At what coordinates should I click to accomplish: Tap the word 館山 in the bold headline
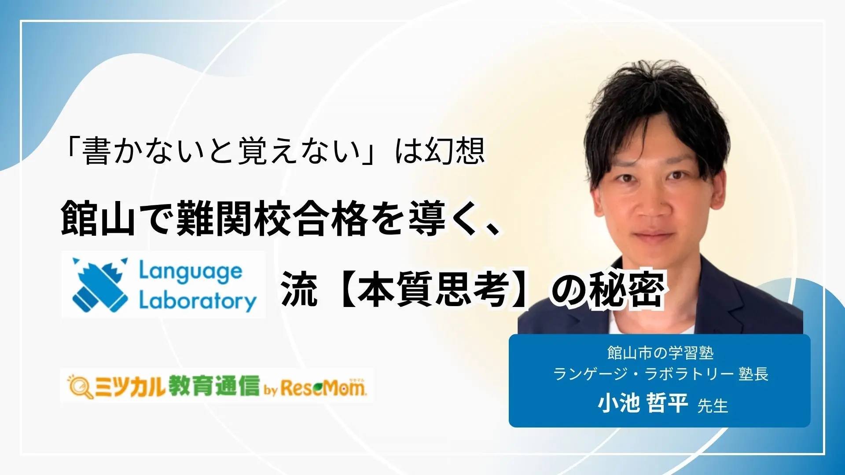98,218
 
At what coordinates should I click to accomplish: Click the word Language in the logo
190,271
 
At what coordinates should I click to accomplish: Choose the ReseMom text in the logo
323,387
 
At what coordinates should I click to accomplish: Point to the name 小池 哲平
642,403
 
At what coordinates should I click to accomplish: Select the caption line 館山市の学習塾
660,353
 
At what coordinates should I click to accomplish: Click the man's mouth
654,235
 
